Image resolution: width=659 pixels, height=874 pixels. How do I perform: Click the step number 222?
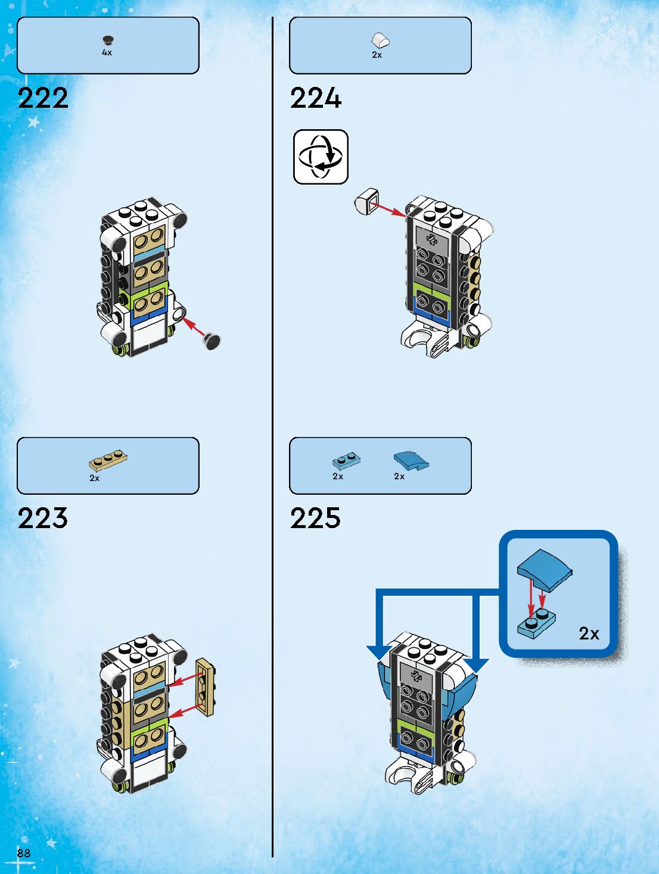click(43, 98)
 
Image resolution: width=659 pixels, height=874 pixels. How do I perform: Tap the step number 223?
click(43, 518)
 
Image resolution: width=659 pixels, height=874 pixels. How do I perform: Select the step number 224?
click(316, 98)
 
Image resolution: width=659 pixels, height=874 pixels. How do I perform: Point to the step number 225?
click(316, 518)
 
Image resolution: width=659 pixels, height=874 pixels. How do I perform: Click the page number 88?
click(24, 853)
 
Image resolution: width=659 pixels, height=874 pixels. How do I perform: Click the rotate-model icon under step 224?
click(321, 157)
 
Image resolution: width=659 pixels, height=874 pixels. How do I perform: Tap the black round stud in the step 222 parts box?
click(108, 40)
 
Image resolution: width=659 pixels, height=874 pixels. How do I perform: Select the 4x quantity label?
click(107, 52)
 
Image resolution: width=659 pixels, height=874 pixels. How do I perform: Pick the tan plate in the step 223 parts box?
click(108, 461)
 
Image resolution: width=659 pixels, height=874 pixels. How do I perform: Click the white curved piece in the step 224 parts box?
click(380, 40)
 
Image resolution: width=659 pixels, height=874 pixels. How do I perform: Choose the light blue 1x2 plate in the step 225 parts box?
click(346, 461)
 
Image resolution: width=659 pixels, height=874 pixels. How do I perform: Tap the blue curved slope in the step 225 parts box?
click(411, 460)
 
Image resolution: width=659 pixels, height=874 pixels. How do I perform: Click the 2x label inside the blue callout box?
click(589, 633)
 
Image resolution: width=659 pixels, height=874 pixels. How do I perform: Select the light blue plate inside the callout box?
click(536, 623)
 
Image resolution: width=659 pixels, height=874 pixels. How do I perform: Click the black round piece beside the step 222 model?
click(212, 340)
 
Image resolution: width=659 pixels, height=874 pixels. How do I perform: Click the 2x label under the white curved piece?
click(377, 55)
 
